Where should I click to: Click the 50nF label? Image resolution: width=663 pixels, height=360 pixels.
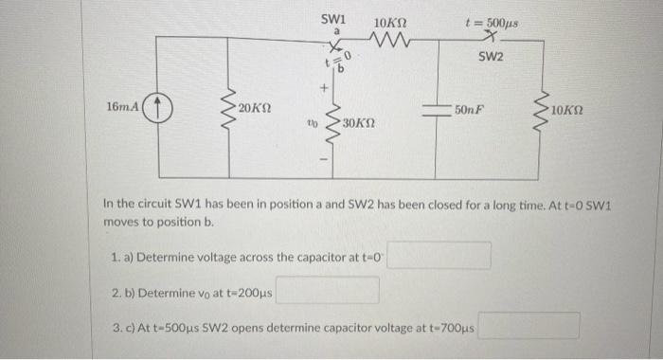[x=471, y=110]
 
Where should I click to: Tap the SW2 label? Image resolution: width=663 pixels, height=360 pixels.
[x=491, y=57]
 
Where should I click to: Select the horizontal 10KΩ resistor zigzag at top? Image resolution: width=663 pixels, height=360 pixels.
[x=390, y=40]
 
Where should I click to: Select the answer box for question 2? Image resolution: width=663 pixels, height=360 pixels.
[x=327, y=290]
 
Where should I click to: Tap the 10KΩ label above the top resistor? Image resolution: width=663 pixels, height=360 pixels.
[x=390, y=21]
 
